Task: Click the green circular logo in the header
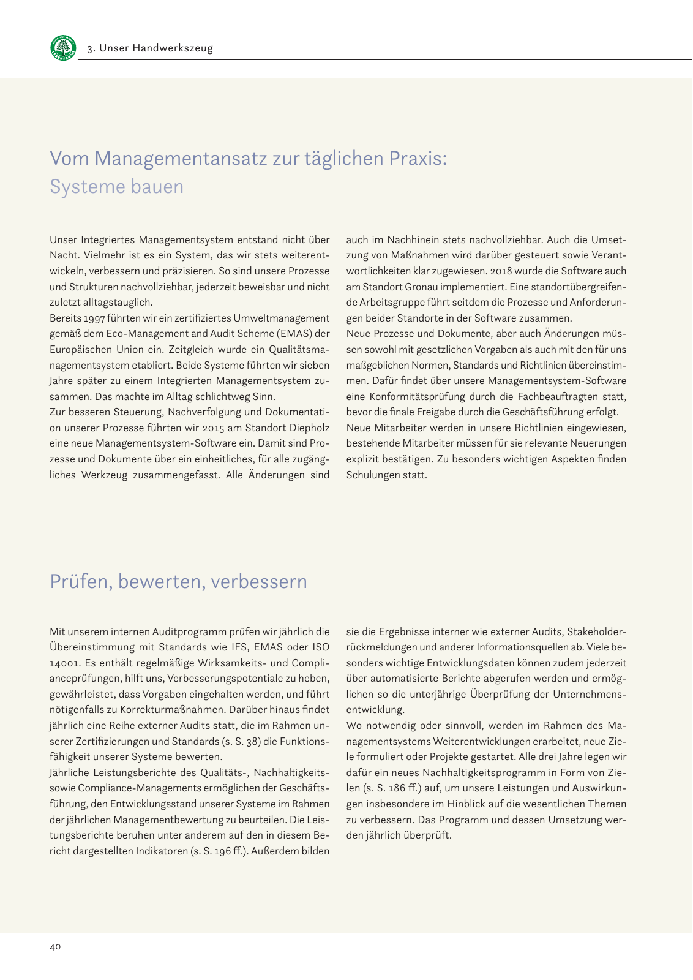(x=63, y=47)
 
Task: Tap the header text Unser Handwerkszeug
(x=155, y=48)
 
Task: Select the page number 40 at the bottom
(x=55, y=947)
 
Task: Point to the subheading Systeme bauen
(x=116, y=186)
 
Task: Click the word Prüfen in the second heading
(x=79, y=581)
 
